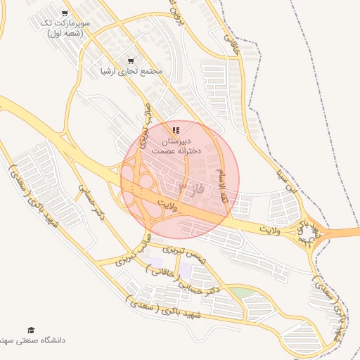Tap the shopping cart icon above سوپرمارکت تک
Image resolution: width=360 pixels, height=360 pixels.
pos(65,13)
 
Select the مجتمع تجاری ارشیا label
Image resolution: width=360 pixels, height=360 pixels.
pos(131,71)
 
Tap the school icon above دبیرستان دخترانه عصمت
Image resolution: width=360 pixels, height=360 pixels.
pos(176,130)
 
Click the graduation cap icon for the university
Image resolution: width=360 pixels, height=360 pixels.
pos(30,330)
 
